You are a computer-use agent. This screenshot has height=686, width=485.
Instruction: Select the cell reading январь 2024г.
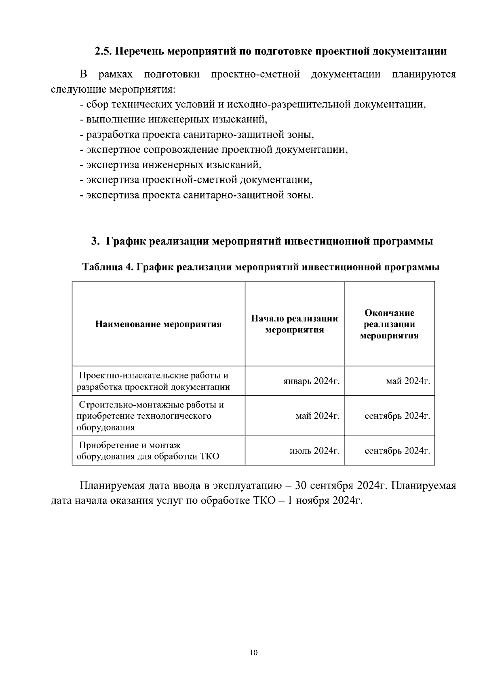point(311,381)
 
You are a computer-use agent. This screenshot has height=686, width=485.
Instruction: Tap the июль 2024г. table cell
point(314,450)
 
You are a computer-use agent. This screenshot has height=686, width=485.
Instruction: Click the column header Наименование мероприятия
point(158,324)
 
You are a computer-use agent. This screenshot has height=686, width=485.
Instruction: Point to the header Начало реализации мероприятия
point(295,324)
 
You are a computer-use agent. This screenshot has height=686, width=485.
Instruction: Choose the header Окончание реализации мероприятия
point(389,324)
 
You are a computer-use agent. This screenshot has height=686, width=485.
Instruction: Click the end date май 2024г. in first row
point(408,381)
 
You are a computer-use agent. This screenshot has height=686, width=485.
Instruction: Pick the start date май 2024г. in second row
point(317,416)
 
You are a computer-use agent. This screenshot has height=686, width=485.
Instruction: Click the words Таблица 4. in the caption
point(107,267)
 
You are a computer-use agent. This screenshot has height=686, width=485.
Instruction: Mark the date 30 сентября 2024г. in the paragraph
point(342,485)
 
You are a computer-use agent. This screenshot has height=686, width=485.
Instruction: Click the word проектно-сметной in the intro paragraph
point(255,74)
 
